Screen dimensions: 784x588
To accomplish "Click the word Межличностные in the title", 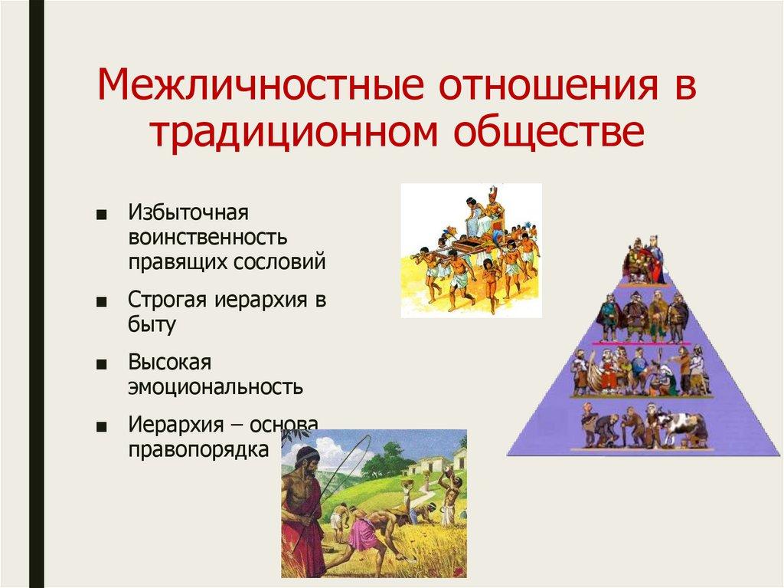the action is [260, 84].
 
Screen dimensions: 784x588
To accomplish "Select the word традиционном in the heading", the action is [294, 132].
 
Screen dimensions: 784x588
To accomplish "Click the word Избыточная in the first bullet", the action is [188, 212].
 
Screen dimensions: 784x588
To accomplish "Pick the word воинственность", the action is [207, 237].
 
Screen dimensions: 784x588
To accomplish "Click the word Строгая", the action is [167, 300].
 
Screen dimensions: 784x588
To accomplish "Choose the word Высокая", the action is [169, 362].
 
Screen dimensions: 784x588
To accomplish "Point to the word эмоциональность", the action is [215, 386].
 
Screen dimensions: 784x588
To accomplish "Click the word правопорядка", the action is [198, 449].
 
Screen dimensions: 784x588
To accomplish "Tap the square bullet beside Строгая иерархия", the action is [102, 302].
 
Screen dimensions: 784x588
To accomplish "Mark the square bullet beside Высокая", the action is [102, 364].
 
